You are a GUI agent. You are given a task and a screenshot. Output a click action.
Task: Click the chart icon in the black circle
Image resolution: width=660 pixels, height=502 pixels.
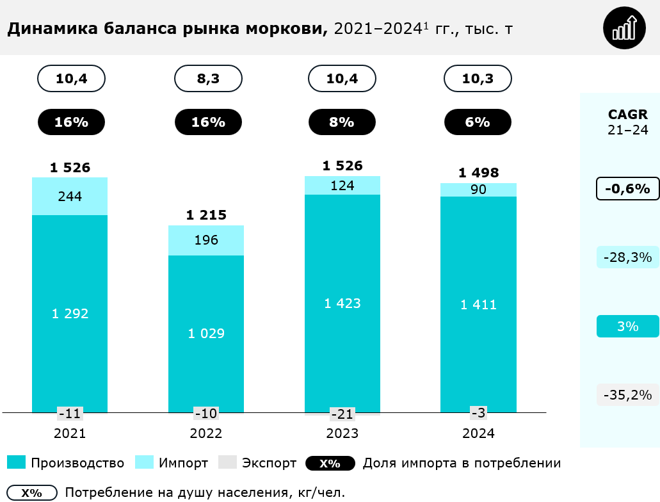(625, 28)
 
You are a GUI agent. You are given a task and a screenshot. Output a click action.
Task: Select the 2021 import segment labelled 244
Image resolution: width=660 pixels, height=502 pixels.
(70, 197)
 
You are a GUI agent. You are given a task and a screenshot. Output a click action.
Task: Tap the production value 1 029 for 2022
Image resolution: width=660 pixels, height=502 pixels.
(206, 334)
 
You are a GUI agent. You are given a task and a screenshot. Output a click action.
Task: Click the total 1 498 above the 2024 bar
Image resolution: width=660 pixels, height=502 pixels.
(478, 173)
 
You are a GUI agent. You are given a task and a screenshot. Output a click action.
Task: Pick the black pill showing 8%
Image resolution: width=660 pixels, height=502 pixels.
(342, 122)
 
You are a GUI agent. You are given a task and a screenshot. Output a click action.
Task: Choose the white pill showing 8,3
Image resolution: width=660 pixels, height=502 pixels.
(208, 79)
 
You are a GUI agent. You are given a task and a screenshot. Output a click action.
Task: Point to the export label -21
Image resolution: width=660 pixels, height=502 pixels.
(342, 413)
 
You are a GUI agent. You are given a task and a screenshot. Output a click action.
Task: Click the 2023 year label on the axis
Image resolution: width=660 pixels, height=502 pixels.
(342, 433)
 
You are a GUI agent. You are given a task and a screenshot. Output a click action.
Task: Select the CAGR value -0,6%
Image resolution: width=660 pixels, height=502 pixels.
(627, 189)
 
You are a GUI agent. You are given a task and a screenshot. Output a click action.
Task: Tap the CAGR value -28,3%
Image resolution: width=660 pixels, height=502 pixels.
(627, 257)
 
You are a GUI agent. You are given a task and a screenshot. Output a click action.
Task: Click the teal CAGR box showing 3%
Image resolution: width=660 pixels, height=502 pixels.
(627, 327)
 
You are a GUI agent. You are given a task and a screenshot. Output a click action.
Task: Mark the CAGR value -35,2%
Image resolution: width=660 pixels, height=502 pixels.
(627, 394)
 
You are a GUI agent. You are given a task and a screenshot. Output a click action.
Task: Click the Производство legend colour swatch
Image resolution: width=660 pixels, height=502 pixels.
(17, 463)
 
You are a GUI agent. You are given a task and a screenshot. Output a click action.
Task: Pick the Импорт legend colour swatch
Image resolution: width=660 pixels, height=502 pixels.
(145, 463)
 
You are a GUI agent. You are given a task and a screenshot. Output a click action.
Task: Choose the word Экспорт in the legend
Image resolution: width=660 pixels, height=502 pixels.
(269, 463)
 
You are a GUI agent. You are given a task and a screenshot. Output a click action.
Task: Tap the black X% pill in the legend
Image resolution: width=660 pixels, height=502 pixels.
(330, 463)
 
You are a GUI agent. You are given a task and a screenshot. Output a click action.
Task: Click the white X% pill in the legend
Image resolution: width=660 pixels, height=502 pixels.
(31, 493)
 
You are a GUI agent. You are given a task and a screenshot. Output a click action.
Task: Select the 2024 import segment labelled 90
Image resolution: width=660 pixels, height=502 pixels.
(478, 190)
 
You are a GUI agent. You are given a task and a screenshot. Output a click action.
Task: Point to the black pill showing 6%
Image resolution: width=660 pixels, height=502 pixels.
(478, 122)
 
